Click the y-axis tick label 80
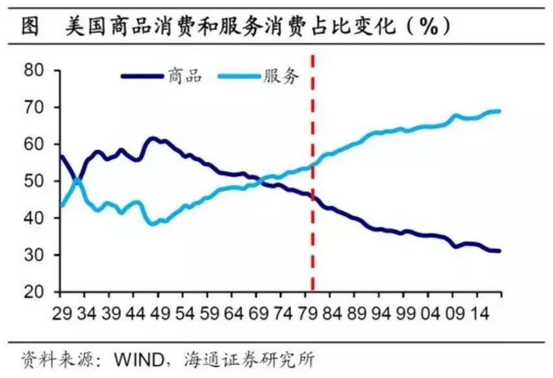pyautogui.click(x=38, y=70)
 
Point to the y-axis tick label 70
pyautogui.click(x=38, y=107)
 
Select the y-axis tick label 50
pyautogui.click(x=38, y=181)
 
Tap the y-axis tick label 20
pyautogui.click(x=38, y=292)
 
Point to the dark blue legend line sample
pyautogui.click(x=142, y=76)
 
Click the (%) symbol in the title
pyautogui.click(x=426, y=27)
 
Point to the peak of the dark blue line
pyautogui.click(x=152, y=138)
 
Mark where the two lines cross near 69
pyautogui.click(x=255, y=183)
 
